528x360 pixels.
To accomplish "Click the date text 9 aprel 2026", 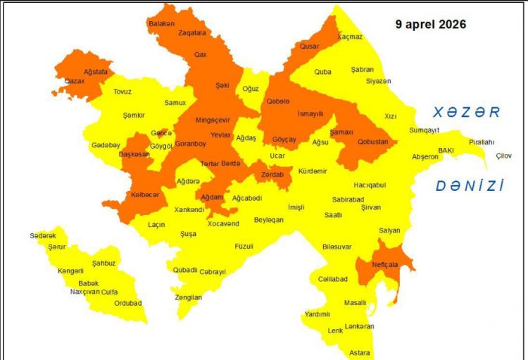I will coord(430,24).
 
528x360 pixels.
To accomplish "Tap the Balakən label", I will coord(161,23).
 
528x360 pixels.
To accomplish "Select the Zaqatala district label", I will coord(192,32).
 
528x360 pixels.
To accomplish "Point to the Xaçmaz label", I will coord(350,37).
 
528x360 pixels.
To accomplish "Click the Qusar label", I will coord(310,46).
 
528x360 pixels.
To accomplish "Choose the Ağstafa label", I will coord(95,72).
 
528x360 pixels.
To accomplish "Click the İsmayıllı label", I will coord(310,113).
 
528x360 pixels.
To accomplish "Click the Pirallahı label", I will coord(482,142).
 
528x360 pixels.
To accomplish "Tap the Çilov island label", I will coord(503,156).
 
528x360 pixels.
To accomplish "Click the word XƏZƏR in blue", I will coord(466,112).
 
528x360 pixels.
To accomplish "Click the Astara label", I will coord(360,352).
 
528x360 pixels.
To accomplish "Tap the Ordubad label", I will coord(127,304).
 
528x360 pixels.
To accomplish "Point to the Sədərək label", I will coord(43,236).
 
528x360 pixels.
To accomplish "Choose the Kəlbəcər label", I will coord(145,194).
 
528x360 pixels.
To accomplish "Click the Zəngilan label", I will coord(189,297).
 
